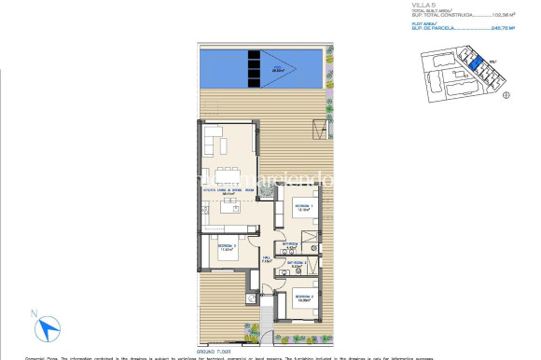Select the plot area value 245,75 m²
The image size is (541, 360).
tap(501, 29)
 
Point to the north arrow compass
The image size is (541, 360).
tap(48, 328)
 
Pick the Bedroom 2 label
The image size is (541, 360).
tap(302, 300)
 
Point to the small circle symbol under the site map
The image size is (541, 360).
tap(505, 93)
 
